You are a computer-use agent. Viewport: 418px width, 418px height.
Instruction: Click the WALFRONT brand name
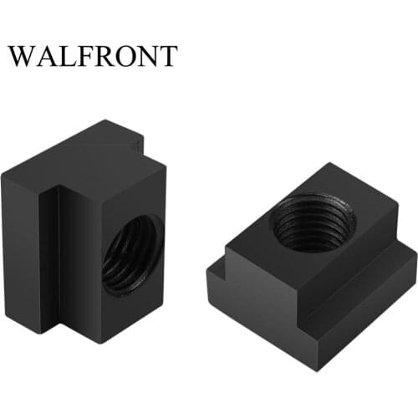pos(93,55)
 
